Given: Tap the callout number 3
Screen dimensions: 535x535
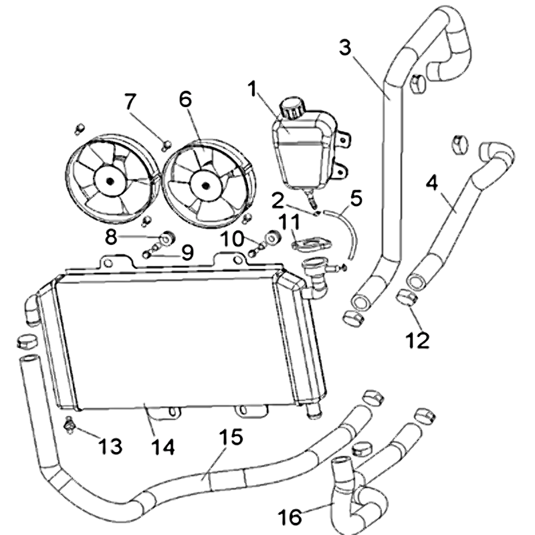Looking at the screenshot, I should coord(345,48).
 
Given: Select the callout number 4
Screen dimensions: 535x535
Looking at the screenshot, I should coord(433,183).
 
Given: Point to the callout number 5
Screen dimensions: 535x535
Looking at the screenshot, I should coord(356,197).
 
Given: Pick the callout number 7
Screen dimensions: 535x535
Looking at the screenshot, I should coord(130,102).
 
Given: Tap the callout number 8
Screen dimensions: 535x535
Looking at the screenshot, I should coord(111,236).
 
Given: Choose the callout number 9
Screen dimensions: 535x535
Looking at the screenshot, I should coord(187,252).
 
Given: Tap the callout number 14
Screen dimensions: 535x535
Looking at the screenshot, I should coord(163,446).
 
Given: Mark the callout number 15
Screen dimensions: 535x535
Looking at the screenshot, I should coord(231,439).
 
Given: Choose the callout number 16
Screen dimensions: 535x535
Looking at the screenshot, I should coord(291,517).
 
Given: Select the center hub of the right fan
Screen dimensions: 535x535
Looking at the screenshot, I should coord(204,182).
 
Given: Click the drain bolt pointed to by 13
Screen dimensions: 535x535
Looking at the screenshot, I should coord(69,425).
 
